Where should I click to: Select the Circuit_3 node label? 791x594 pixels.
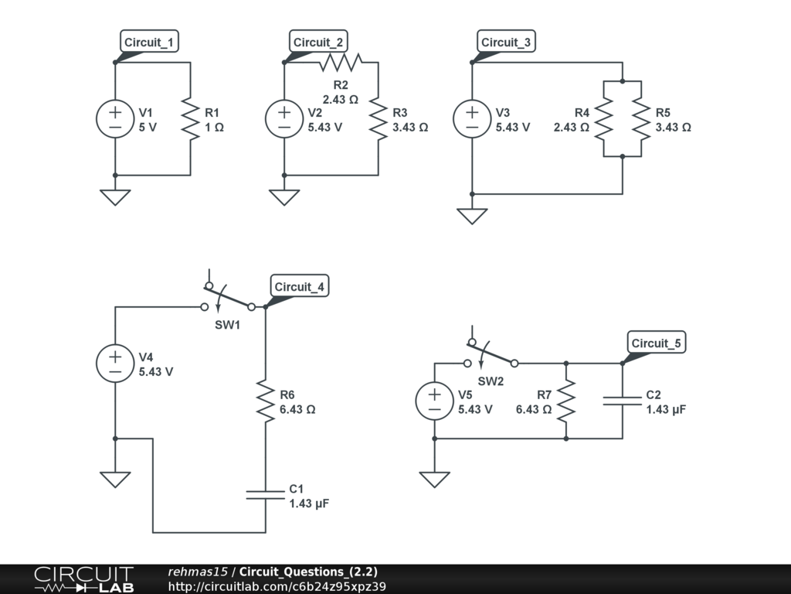[x=507, y=42]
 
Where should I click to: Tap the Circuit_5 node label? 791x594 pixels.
[x=657, y=343]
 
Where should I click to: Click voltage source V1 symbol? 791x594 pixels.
[x=115, y=119]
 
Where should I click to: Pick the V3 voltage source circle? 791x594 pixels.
[x=471, y=119]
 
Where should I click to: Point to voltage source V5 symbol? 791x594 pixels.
[x=435, y=401]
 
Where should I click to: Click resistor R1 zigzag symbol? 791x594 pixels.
[x=190, y=119]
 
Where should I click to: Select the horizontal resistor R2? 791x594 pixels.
[x=341, y=62]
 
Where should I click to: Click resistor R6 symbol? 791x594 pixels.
[x=265, y=401]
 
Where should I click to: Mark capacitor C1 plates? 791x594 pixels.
[x=265, y=494]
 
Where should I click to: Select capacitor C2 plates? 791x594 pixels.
[x=623, y=400]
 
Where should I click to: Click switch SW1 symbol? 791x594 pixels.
[x=228, y=302]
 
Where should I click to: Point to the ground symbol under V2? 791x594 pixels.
[x=284, y=197]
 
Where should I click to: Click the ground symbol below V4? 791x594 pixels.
[x=115, y=480]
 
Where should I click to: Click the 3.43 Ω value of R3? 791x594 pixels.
[x=409, y=128]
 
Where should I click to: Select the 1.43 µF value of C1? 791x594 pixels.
[x=309, y=504]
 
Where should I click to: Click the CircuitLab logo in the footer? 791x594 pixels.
[x=83, y=579]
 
